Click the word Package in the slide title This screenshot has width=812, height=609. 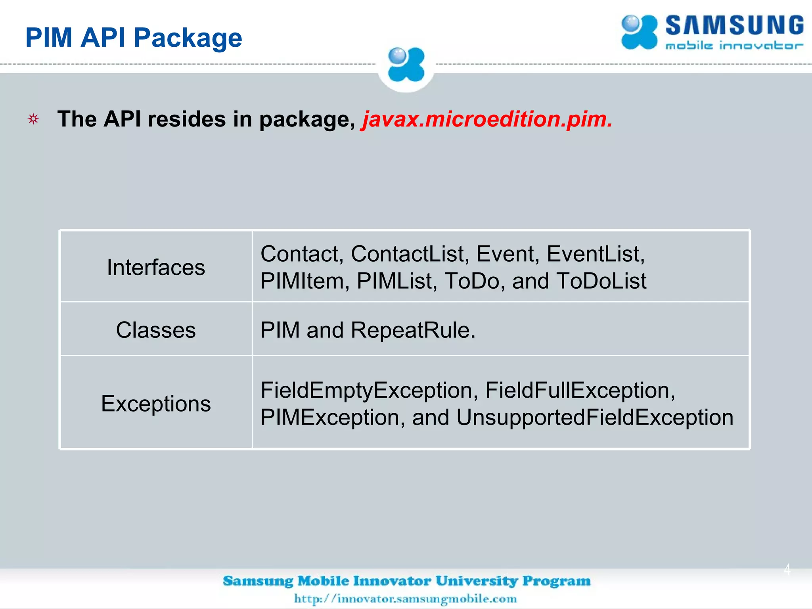[x=188, y=38]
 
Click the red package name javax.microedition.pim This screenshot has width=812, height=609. [x=487, y=119]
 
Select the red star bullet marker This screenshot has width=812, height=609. [x=33, y=119]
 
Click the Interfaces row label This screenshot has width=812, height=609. [x=156, y=267]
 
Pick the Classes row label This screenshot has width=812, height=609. [x=156, y=330]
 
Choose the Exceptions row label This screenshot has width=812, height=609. [x=156, y=404]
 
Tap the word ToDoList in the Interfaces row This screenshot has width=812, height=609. [x=601, y=281]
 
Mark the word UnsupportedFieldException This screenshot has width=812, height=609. [x=594, y=417]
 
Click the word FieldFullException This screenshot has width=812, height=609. [x=580, y=391]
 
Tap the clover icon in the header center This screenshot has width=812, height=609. [x=406, y=65]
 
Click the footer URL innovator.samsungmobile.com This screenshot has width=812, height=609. [x=405, y=598]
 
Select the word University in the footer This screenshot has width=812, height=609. [x=477, y=581]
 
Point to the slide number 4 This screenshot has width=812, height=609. [x=787, y=569]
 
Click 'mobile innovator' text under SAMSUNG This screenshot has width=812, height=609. [x=734, y=46]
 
